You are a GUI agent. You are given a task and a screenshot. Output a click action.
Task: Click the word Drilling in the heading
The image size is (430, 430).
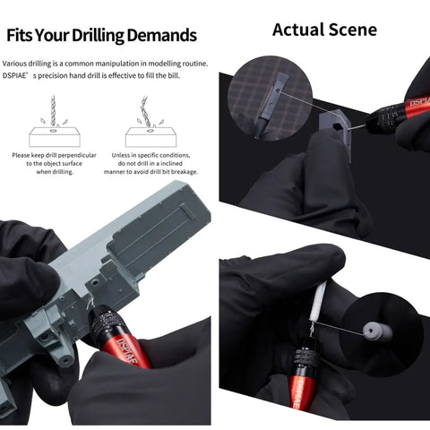pos(98,36)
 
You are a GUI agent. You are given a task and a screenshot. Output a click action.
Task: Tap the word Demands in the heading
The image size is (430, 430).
pos(162,35)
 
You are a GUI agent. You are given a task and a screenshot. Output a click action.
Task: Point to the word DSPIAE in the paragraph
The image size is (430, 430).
pos(14,76)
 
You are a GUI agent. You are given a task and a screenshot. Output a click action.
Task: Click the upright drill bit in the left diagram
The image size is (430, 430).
pos(53,110)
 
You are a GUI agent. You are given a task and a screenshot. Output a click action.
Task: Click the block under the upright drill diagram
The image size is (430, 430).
pos(55,137)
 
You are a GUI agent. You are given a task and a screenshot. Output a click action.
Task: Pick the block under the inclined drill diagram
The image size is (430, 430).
pos(150,137)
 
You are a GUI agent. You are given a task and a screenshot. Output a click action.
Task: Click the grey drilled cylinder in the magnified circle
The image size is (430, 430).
pos(375,332)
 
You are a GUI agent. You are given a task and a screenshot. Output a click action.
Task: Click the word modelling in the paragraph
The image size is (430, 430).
pos(165,64)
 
